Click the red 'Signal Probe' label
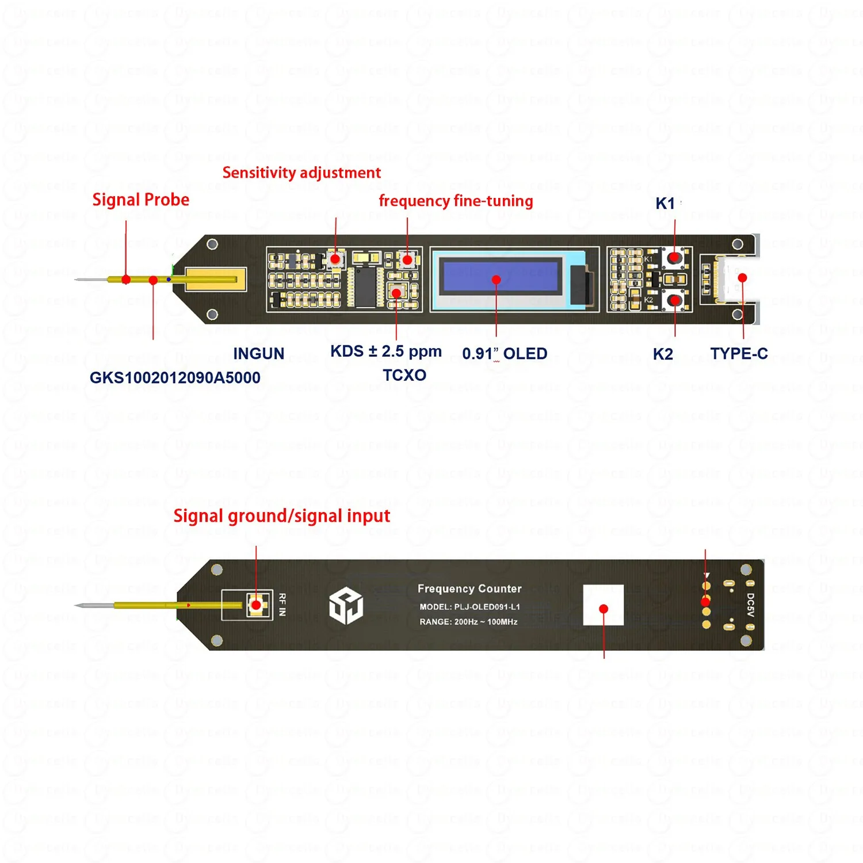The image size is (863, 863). pyautogui.click(x=140, y=200)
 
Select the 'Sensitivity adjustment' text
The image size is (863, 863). pyautogui.click(x=301, y=173)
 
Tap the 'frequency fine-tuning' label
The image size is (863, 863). pyautogui.click(x=456, y=201)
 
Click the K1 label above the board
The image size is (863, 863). pyautogui.click(x=665, y=203)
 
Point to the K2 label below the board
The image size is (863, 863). pyautogui.click(x=663, y=354)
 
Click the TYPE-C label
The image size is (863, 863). pyautogui.click(x=739, y=353)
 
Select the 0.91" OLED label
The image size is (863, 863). pyautogui.click(x=505, y=354)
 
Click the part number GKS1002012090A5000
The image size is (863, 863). pyautogui.click(x=175, y=377)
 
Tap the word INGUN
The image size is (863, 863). pyautogui.click(x=258, y=353)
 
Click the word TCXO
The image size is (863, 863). pyautogui.click(x=404, y=375)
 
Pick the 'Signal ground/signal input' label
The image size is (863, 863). pyautogui.click(x=281, y=515)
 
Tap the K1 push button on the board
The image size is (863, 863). pyautogui.click(x=674, y=257)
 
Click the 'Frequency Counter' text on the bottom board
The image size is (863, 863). pyautogui.click(x=469, y=589)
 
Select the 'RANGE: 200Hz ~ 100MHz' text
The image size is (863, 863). pyautogui.click(x=468, y=622)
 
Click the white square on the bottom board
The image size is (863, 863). pyautogui.click(x=603, y=605)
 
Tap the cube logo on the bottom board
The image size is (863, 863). pyautogui.click(x=346, y=606)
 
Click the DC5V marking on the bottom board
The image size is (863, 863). pyautogui.click(x=750, y=605)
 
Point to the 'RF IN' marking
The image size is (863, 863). pyautogui.click(x=282, y=605)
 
